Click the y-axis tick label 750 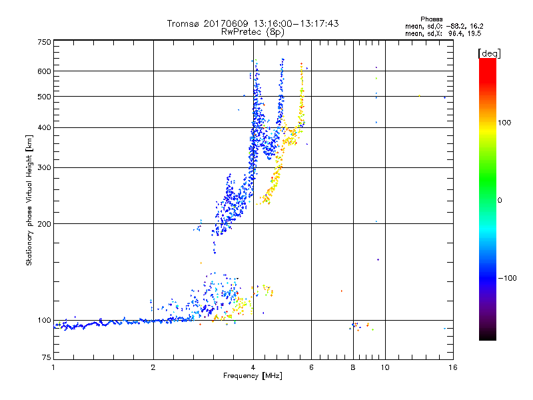click(x=45, y=42)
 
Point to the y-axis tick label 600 click(x=45, y=71)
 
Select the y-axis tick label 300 click(x=45, y=167)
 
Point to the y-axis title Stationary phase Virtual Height click(x=29, y=200)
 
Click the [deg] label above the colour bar click(x=489, y=53)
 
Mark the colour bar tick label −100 click(x=508, y=277)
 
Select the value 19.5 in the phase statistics click(x=474, y=32)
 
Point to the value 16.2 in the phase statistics click(x=474, y=25)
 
